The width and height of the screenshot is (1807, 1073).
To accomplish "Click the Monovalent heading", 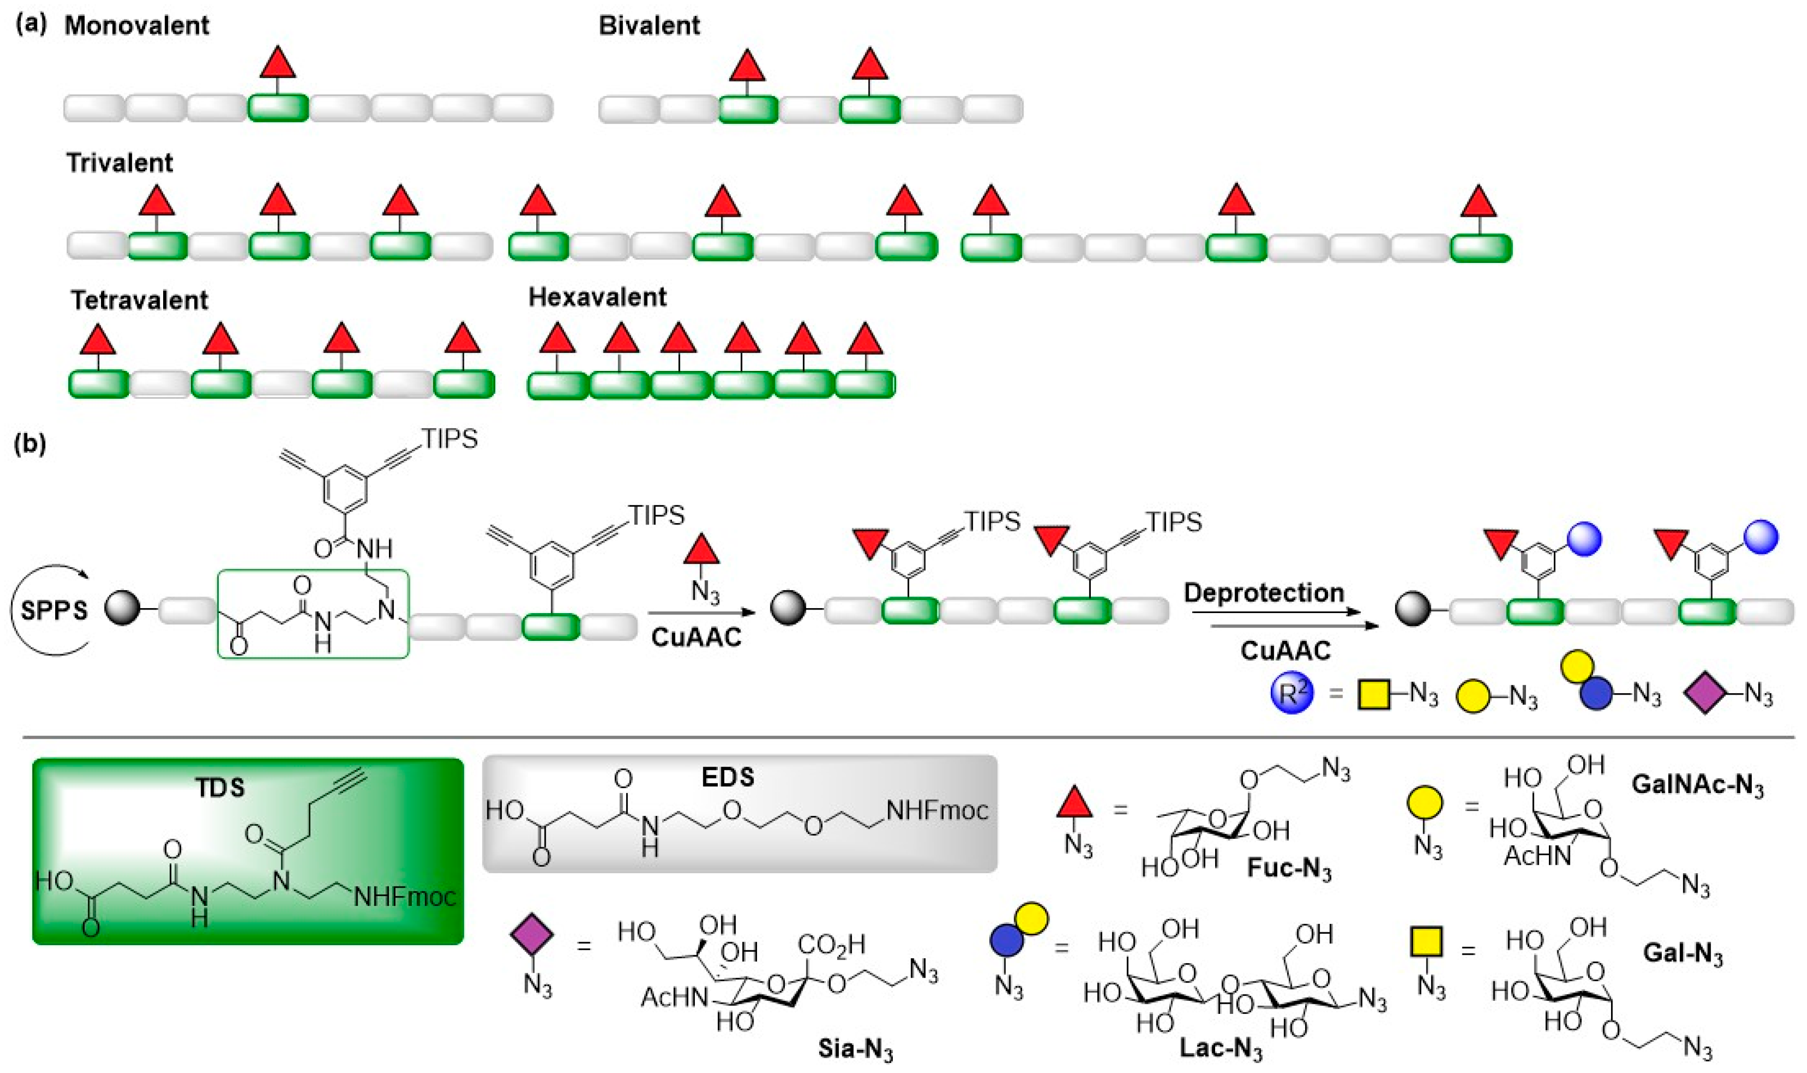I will click(x=137, y=25).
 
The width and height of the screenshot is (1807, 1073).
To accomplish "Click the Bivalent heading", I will click(x=649, y=25).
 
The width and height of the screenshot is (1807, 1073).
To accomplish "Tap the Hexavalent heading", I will click(x=597, y=297).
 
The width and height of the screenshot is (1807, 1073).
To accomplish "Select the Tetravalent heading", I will click(x=139, y=300).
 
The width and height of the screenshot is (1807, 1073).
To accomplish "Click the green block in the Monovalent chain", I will click(x=278, y=108).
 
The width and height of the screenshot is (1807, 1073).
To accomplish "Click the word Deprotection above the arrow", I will click(x=1263, y=593).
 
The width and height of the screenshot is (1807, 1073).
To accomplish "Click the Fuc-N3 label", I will click(x=1289, y=868).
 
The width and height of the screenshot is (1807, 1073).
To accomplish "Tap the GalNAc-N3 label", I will click(x=1697, y=786).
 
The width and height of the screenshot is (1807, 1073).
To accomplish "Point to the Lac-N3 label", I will click(x=1221, y=1049).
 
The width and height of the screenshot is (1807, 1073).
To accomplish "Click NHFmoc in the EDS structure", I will click(x=937, y=810).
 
